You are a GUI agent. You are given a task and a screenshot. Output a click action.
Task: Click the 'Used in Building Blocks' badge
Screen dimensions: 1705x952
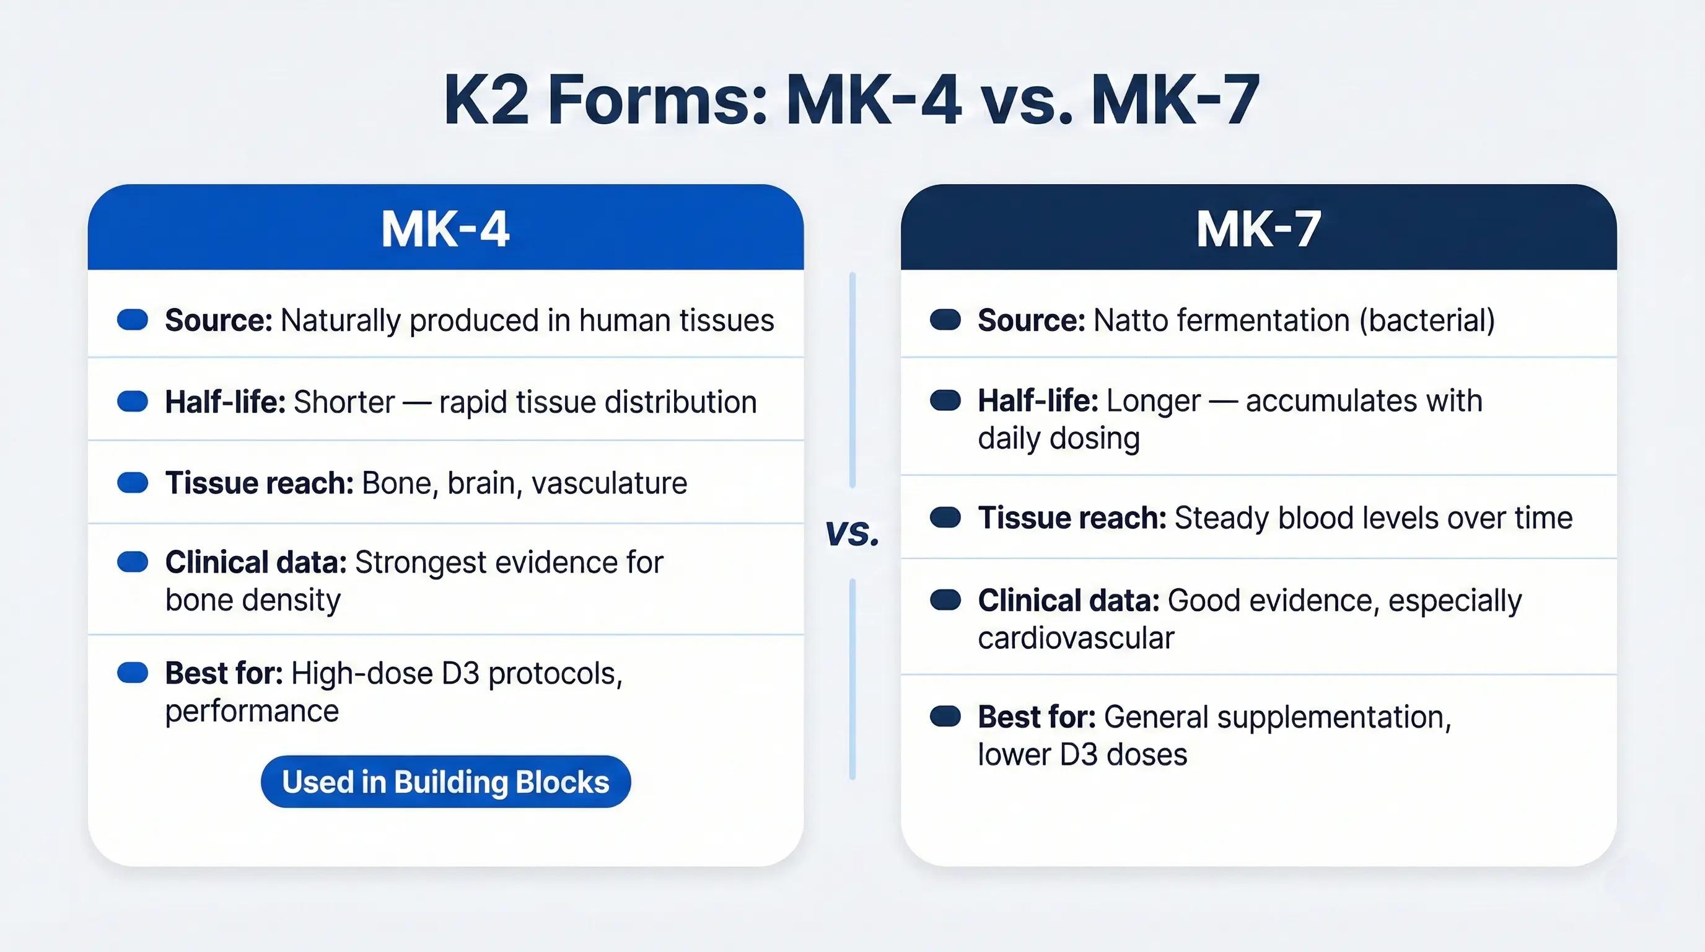[x=445, y=781]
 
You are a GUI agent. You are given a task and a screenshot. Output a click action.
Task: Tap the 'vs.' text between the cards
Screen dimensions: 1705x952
[x=852, y=532]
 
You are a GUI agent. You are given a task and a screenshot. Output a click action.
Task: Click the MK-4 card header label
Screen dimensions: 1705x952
[x=445, y=230]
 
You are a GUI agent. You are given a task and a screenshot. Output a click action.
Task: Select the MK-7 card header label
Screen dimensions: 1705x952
[x=1258, y=230]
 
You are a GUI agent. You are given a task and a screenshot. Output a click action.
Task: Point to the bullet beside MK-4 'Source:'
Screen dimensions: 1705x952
[x=133, y=320]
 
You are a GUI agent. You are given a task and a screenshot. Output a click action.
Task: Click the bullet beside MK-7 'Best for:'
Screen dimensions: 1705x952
[x=945, y=716]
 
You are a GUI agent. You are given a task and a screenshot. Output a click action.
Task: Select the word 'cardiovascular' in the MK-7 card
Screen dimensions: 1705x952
[x=1076, y=638]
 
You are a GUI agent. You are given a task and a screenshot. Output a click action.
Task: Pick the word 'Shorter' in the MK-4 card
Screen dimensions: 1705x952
[x=344, y=402]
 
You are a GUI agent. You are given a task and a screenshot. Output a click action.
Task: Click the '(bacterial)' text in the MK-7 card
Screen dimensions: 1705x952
[x=1427, y=321]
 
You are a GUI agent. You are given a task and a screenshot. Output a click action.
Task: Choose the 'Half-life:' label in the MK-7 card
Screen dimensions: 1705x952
[x=1038, y=400]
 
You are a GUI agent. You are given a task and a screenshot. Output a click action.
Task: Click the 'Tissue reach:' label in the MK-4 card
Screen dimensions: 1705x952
[x=260, y=483]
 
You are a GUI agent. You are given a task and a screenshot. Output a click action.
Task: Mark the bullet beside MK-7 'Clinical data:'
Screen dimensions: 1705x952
[x=945, y=600]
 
